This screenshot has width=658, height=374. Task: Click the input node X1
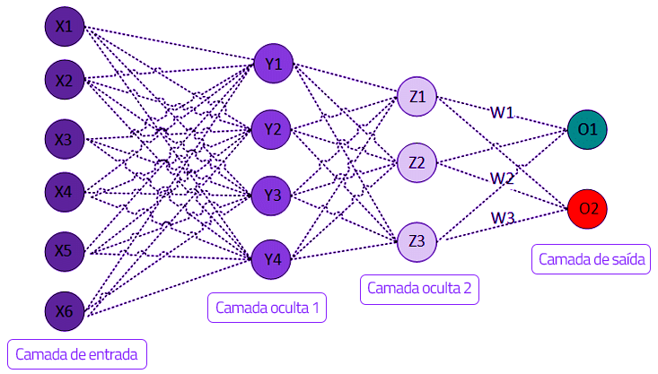click(x=64, y=27)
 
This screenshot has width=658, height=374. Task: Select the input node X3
click(x=64, y=139)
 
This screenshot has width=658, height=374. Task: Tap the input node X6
click(x=64, y=310)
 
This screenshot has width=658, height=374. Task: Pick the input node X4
click(x=64, y=190)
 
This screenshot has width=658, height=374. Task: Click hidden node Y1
click(x=273, y=64)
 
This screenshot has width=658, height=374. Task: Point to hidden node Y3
click(x=273, y=195)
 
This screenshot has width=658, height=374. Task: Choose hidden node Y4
click(x=273, y=259)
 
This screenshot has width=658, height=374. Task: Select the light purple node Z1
click(x=417, y=96)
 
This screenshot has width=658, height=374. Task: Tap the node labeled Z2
click(x=417, y=162)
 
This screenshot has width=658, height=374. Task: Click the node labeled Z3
click(x=417, y=240)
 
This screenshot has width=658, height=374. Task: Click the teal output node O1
click(x=588, y=129)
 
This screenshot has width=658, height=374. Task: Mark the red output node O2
click(x=588, y=209)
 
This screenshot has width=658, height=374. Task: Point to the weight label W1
click(x=502, y=112)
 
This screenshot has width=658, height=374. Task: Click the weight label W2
click(x=502, y=178)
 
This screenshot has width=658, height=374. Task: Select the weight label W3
click(x=502, y=218)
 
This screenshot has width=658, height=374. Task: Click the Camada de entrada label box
click(x=76, y=353)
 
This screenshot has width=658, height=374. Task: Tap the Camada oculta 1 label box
click(x=267, y=309)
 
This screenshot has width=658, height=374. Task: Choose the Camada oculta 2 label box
click(x=419, y=289)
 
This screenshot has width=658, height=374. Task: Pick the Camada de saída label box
click(x=591, y=259)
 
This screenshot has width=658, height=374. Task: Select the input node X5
click(x=64, y=250)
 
